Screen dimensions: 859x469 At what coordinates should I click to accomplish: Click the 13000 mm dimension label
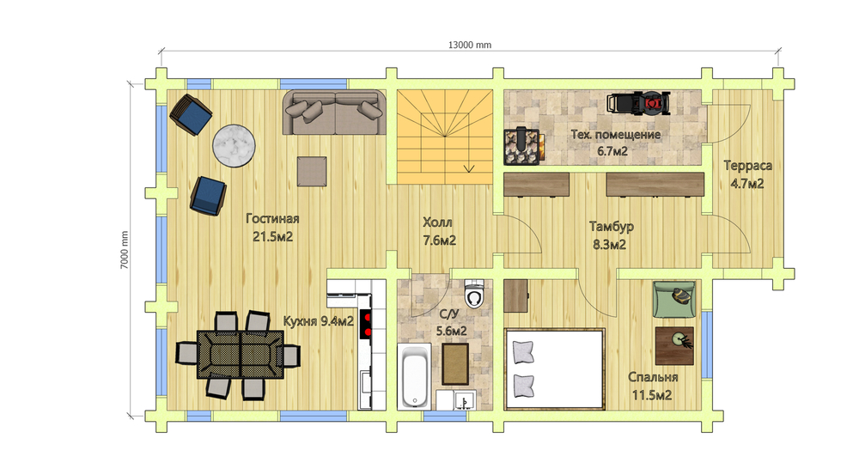(470, 45)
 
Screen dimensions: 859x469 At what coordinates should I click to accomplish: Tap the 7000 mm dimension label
(125, 250)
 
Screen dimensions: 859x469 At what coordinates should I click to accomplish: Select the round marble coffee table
(234, 146)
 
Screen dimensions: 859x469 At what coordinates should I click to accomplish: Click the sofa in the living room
(334, 113)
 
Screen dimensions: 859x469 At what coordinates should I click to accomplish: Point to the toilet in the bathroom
(474, 294)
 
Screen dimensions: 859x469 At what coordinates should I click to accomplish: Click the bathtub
(414, 376)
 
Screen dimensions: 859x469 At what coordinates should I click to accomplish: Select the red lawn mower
(639, 104)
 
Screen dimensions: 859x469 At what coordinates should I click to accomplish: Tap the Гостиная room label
(272, 219)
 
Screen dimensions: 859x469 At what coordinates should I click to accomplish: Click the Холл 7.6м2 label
(439, 231)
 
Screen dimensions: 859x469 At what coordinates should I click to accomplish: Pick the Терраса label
(748, 166)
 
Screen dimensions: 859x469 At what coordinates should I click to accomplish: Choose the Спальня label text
(653, 377)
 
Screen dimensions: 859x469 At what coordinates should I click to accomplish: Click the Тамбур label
(612, 226)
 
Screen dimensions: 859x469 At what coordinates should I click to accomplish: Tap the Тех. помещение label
(616, 135)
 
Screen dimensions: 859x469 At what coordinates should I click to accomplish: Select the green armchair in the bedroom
(674, 299)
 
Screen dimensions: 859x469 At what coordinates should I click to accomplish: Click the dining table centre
(241, 354)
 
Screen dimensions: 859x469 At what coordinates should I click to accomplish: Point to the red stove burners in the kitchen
(365, 324)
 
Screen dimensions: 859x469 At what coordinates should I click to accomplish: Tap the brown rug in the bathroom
(455, 364)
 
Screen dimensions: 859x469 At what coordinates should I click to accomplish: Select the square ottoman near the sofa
(313, 172)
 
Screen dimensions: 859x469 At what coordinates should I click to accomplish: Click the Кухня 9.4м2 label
(319, 321)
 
